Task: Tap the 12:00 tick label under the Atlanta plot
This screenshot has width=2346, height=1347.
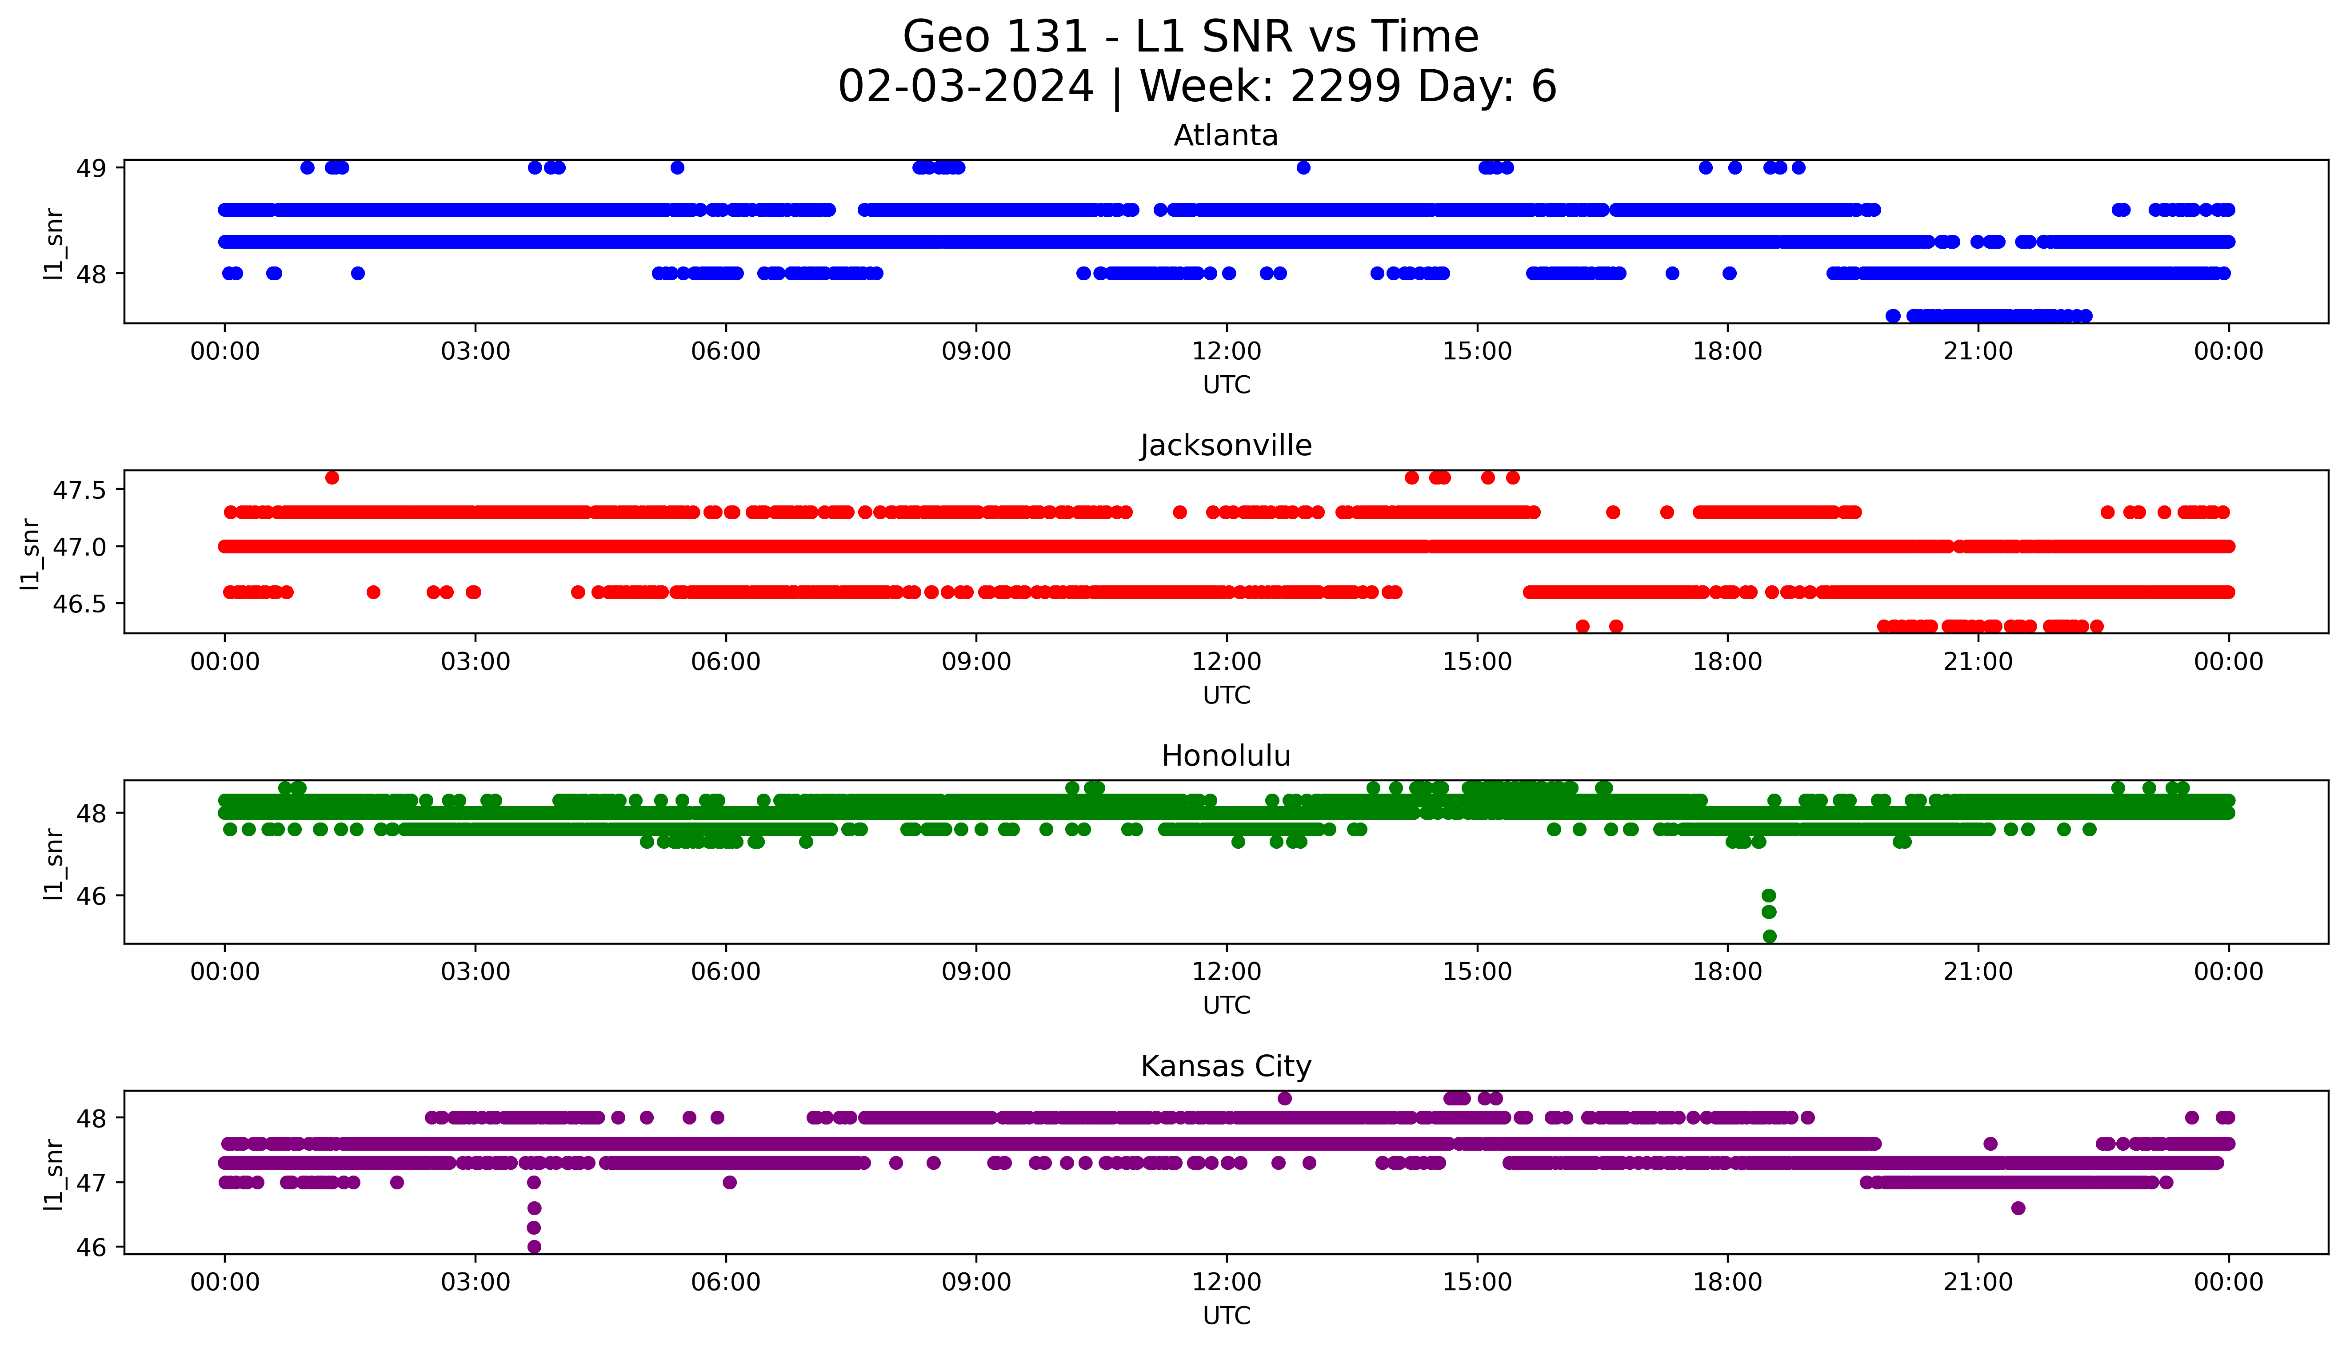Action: tap(1226, 352)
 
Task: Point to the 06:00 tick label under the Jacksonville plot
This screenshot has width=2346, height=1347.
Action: tap(726, 661)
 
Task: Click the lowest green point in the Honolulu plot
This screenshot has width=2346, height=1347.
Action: tap(1770, 936)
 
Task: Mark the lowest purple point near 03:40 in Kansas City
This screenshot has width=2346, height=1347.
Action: tap(534, 1246)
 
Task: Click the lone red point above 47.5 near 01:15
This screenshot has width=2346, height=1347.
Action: tap(332, 477)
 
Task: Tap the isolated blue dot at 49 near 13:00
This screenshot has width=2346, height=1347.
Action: tap(1303, 167)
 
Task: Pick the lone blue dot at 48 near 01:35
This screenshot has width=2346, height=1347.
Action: tap(358, 273)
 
